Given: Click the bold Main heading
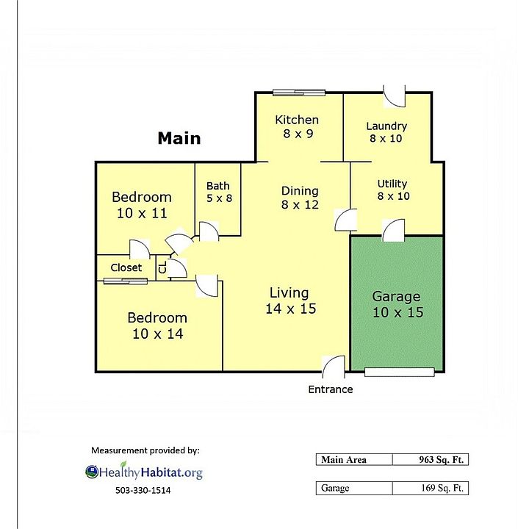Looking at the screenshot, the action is (179, 138).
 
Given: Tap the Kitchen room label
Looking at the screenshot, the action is (297, 126).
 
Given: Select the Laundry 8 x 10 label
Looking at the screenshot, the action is (386, 132).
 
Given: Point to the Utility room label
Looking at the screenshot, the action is (393, 190).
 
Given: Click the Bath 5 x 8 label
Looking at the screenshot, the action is (219, 192).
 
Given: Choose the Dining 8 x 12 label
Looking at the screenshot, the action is (300, 198).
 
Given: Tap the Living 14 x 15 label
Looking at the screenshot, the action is (290, 301).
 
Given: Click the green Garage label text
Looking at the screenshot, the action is (398, 304).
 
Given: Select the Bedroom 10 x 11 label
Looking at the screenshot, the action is (142, 205).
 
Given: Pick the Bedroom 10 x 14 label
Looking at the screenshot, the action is (157, 325).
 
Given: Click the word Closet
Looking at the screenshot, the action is (126, 267).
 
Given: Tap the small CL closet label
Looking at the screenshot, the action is (162, 268).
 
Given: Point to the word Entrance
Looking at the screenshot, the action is (331, 389).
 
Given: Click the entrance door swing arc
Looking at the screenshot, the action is (327, 361).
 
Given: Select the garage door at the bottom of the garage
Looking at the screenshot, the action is (399, 372).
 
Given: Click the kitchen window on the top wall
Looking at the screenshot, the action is (299, 92).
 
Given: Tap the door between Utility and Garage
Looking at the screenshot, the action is (394, 230).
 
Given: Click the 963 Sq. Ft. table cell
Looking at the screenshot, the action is (431, 459).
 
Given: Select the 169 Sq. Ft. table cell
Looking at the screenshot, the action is (431, 488).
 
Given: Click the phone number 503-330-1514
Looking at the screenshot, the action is (143, 490).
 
